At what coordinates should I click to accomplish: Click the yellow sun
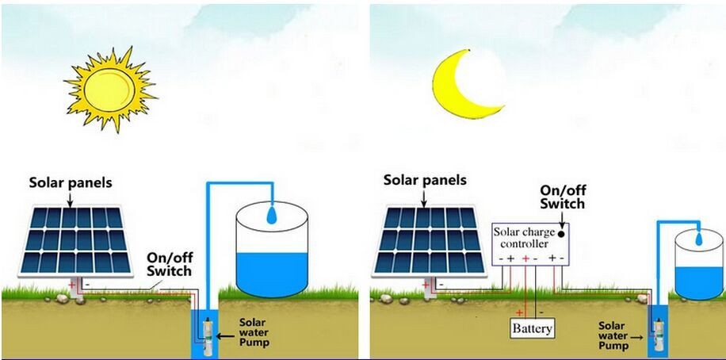click(x=109, y=86)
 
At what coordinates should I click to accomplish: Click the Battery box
click(x=532, y=327)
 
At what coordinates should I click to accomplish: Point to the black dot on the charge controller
click(x=562, y=235)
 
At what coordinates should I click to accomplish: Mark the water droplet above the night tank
click(x=697, y=237)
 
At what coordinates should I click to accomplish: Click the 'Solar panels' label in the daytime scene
click(x=71, y=183)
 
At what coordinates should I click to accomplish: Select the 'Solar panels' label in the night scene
click(x=425, y=180)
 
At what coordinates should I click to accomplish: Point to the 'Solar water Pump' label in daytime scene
click(x=254, y=332)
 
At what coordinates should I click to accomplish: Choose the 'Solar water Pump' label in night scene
click(x=612, y=335)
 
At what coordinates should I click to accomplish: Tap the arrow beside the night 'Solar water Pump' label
click(x=638, y=336)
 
